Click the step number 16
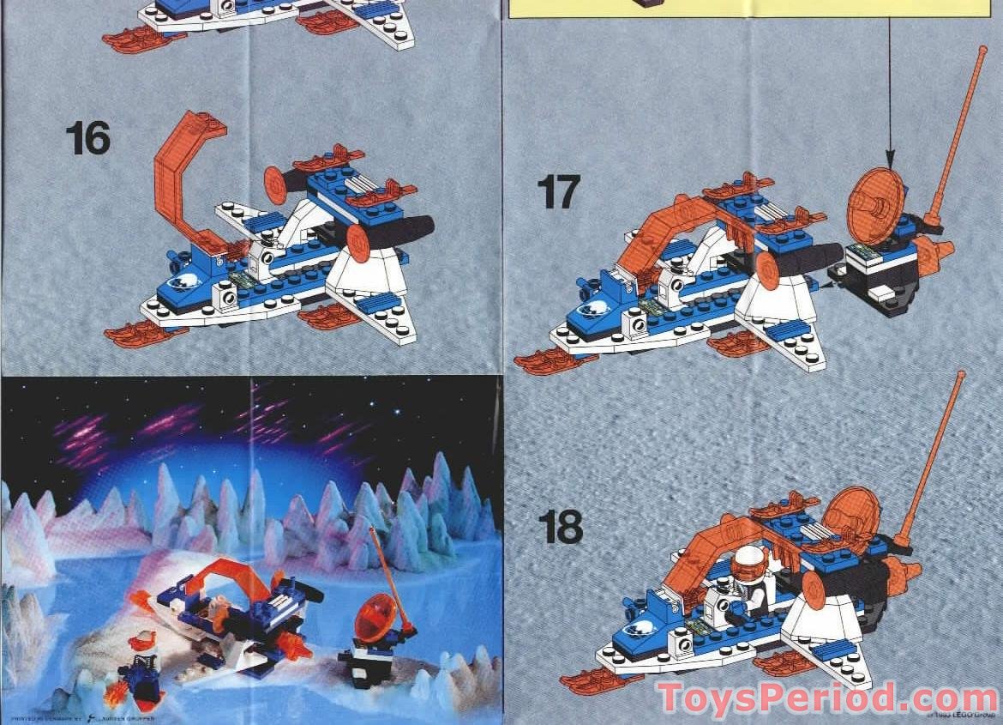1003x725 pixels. pos(87,139)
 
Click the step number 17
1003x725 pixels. pos(558,191)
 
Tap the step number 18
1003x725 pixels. pos(561,527)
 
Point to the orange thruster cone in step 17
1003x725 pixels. pos(934,252)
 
